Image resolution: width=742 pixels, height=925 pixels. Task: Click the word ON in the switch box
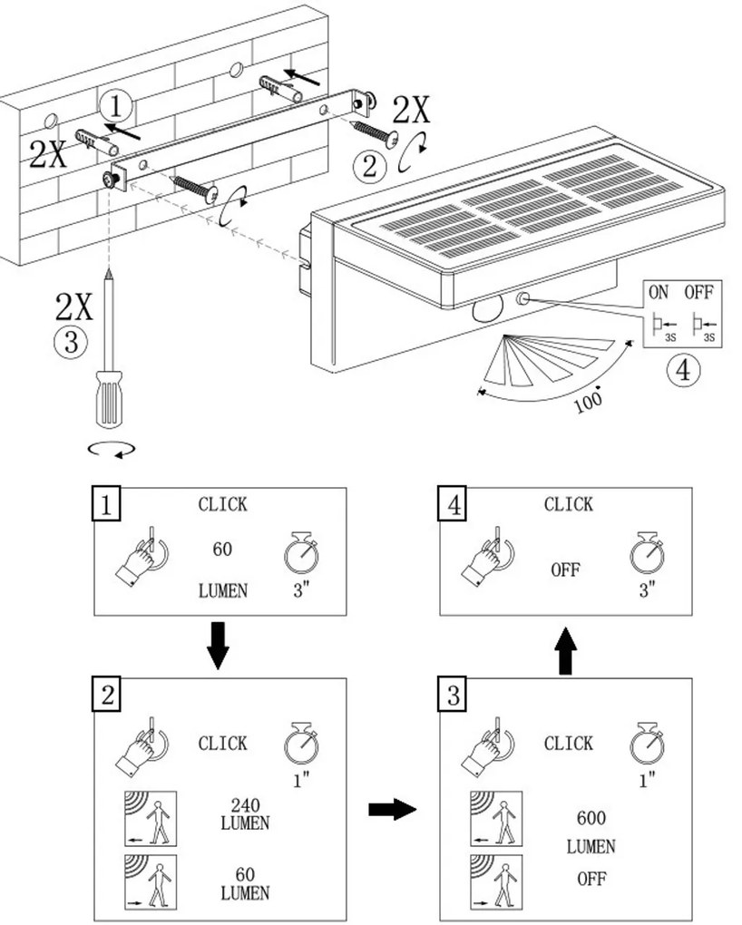point(658,294)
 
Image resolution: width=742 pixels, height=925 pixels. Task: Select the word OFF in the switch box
point(699,294)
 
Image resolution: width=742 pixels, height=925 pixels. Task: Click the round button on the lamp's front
point(523,298)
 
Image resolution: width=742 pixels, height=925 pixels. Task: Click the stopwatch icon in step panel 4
point(645,554)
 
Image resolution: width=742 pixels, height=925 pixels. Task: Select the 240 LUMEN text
point(244,814)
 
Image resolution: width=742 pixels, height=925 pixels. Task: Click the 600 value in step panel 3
point(591,818)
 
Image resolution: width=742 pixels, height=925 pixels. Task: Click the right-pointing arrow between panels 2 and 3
point(392,810)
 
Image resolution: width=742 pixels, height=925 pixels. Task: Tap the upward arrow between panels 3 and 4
point(564,650)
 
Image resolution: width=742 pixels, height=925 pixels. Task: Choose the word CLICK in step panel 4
point(569,504)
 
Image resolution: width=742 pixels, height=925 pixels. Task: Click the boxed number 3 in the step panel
point(454,696)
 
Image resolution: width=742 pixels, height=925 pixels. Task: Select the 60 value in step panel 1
point(222,549)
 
